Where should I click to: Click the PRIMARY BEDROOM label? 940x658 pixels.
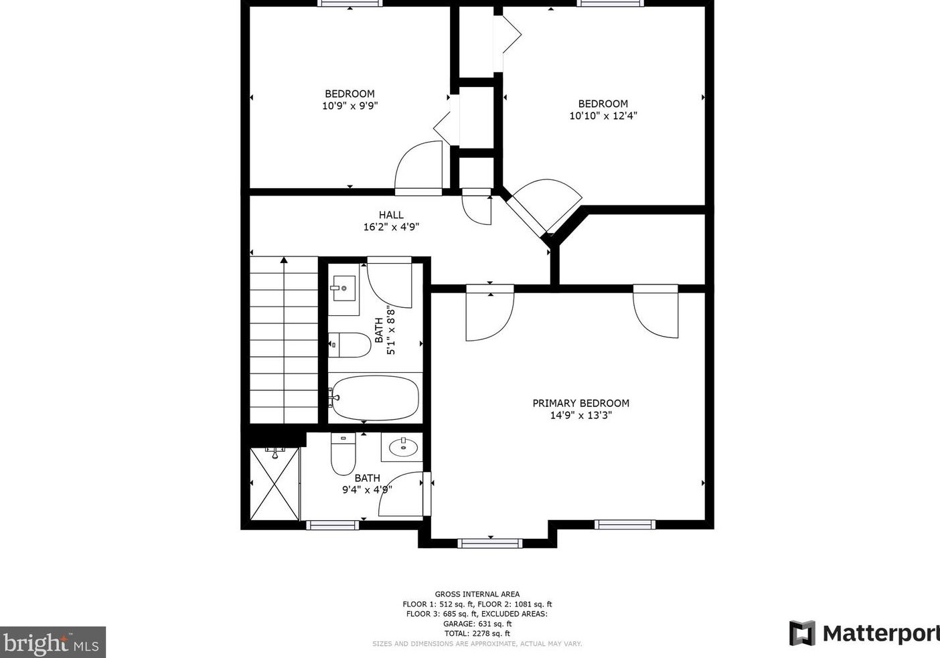580,403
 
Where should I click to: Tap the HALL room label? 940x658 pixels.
391,215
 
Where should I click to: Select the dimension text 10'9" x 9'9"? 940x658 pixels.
349,106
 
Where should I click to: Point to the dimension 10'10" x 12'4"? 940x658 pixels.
603,115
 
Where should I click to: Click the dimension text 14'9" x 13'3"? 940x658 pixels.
580,415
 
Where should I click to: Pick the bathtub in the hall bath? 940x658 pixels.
374,398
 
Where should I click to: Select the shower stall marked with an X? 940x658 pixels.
275,483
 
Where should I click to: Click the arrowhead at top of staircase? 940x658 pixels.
284,260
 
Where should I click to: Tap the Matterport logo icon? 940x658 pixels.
802,633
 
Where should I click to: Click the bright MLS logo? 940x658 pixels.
52,643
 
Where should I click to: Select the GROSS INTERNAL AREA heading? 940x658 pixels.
477,594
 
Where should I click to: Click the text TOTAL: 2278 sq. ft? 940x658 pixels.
477,633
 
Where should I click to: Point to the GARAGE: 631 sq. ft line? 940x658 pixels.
477,623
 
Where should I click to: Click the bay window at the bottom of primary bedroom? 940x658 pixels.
490,542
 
